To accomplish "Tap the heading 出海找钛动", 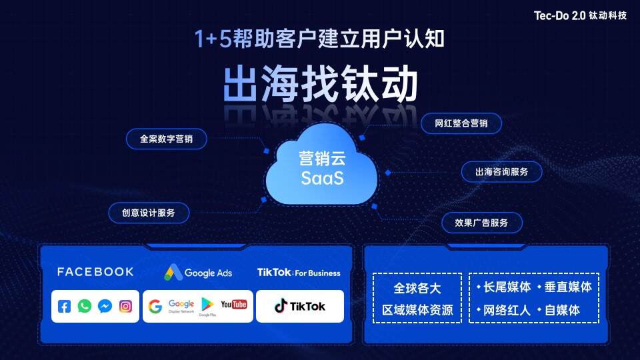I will click(x=320, y=84).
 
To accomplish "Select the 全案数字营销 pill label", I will click(x=166, y=139).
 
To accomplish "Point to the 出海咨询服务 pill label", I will click(x=501, y=172).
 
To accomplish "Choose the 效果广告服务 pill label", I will click(x=481, y=223).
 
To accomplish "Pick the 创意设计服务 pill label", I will click(x=149, y=213).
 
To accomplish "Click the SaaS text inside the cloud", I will click(x=322, y=179).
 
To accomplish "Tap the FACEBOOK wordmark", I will click(x=95, y=272).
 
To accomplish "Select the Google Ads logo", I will click(x=199, y=273).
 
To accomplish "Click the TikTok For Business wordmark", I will click(x=299, y=273).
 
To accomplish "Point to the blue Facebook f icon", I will click(x=64, y=307).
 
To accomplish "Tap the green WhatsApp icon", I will click(x=85, y=307).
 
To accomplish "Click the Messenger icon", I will click(x=105, y=307).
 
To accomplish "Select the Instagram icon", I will click(x=125, y=307).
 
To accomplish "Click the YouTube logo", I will click(x=234, y=305).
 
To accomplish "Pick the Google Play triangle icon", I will click(x=207, y=305).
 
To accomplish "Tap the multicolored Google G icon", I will click(x=155, y=307).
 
